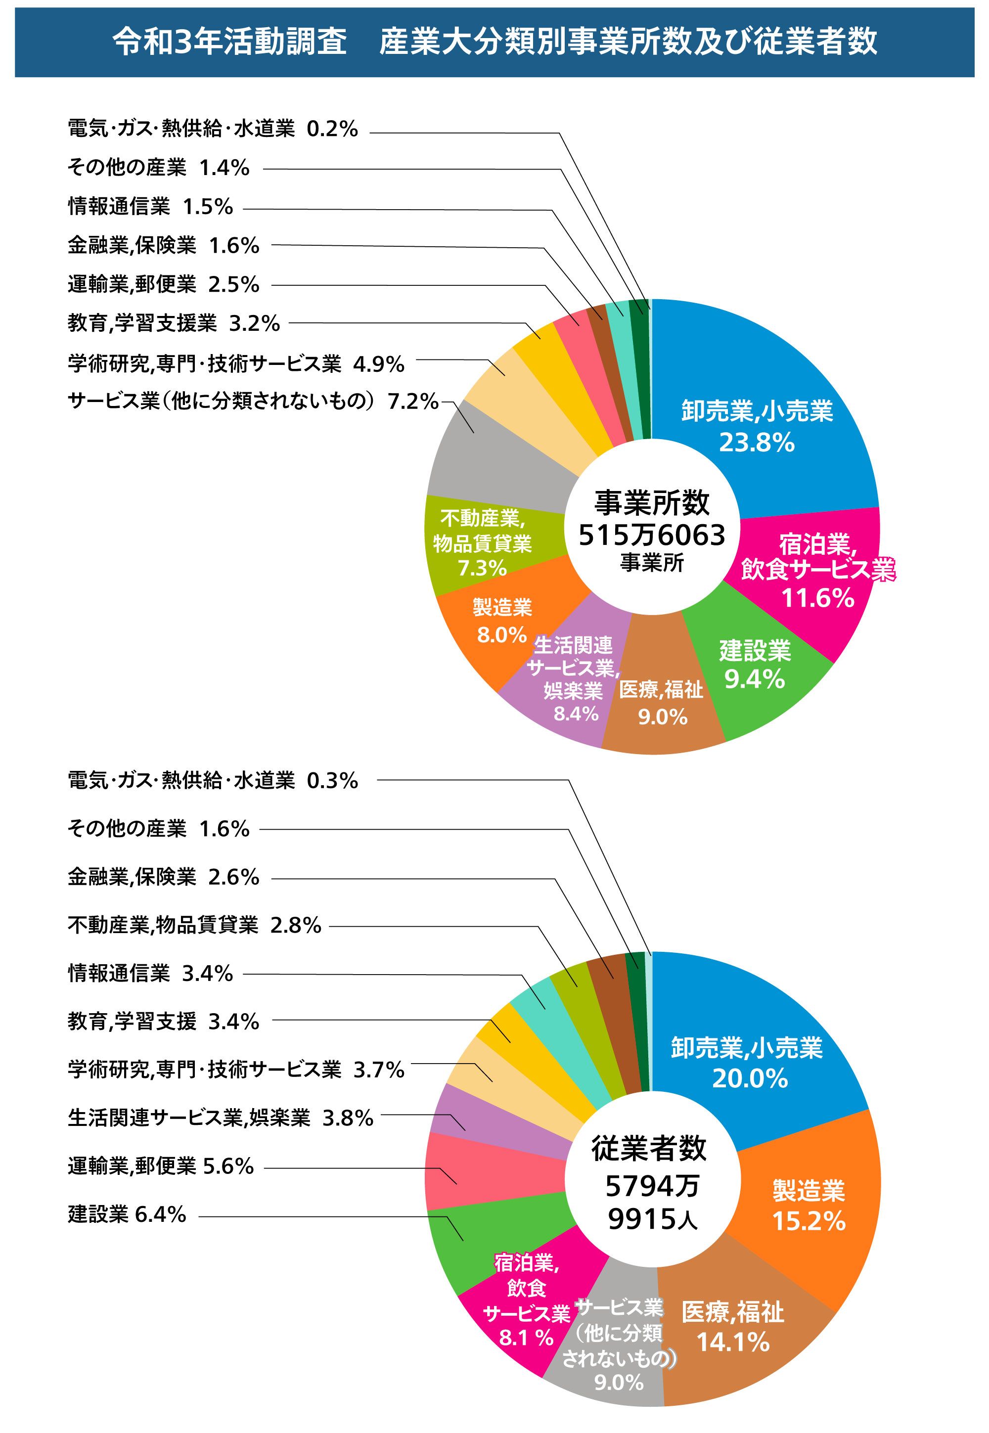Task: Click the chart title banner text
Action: pos(494,42)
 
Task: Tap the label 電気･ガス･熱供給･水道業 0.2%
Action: pos(213,129)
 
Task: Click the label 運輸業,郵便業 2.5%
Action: pos(163,284)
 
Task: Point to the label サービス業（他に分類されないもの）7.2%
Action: pos(253,402)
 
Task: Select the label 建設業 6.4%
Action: pos(127,1214)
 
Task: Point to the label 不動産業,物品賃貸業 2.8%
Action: pos(194,926)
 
